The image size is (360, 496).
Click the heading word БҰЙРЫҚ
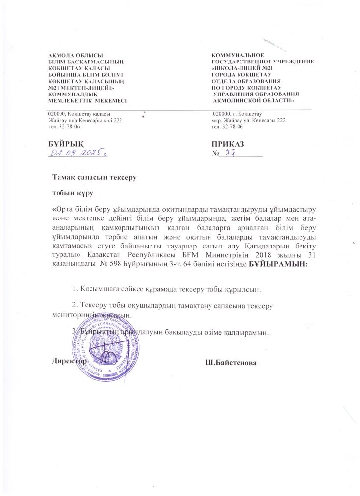point(65,144)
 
